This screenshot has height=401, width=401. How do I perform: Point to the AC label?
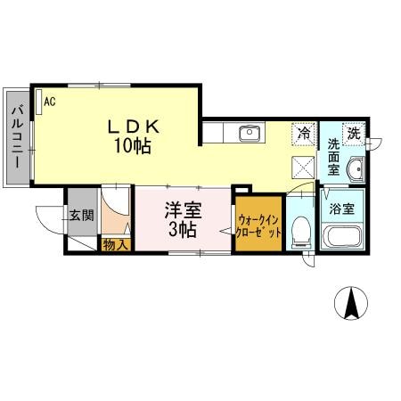point(49,102)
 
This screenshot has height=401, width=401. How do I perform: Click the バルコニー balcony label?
point(16,138)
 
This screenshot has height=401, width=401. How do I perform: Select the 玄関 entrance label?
point(80,215)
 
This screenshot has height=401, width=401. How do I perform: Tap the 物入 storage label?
point(115,243)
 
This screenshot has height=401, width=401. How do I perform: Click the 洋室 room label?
point(184,211)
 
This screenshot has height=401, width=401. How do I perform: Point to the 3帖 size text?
point(184,231)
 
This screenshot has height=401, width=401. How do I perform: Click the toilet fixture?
point(300,231)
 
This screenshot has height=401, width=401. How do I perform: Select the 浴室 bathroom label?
point(341,209)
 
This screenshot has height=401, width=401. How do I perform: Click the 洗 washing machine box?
point(354,134)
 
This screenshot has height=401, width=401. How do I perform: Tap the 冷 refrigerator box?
point(305,134)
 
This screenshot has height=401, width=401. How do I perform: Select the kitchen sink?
point(249,135)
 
